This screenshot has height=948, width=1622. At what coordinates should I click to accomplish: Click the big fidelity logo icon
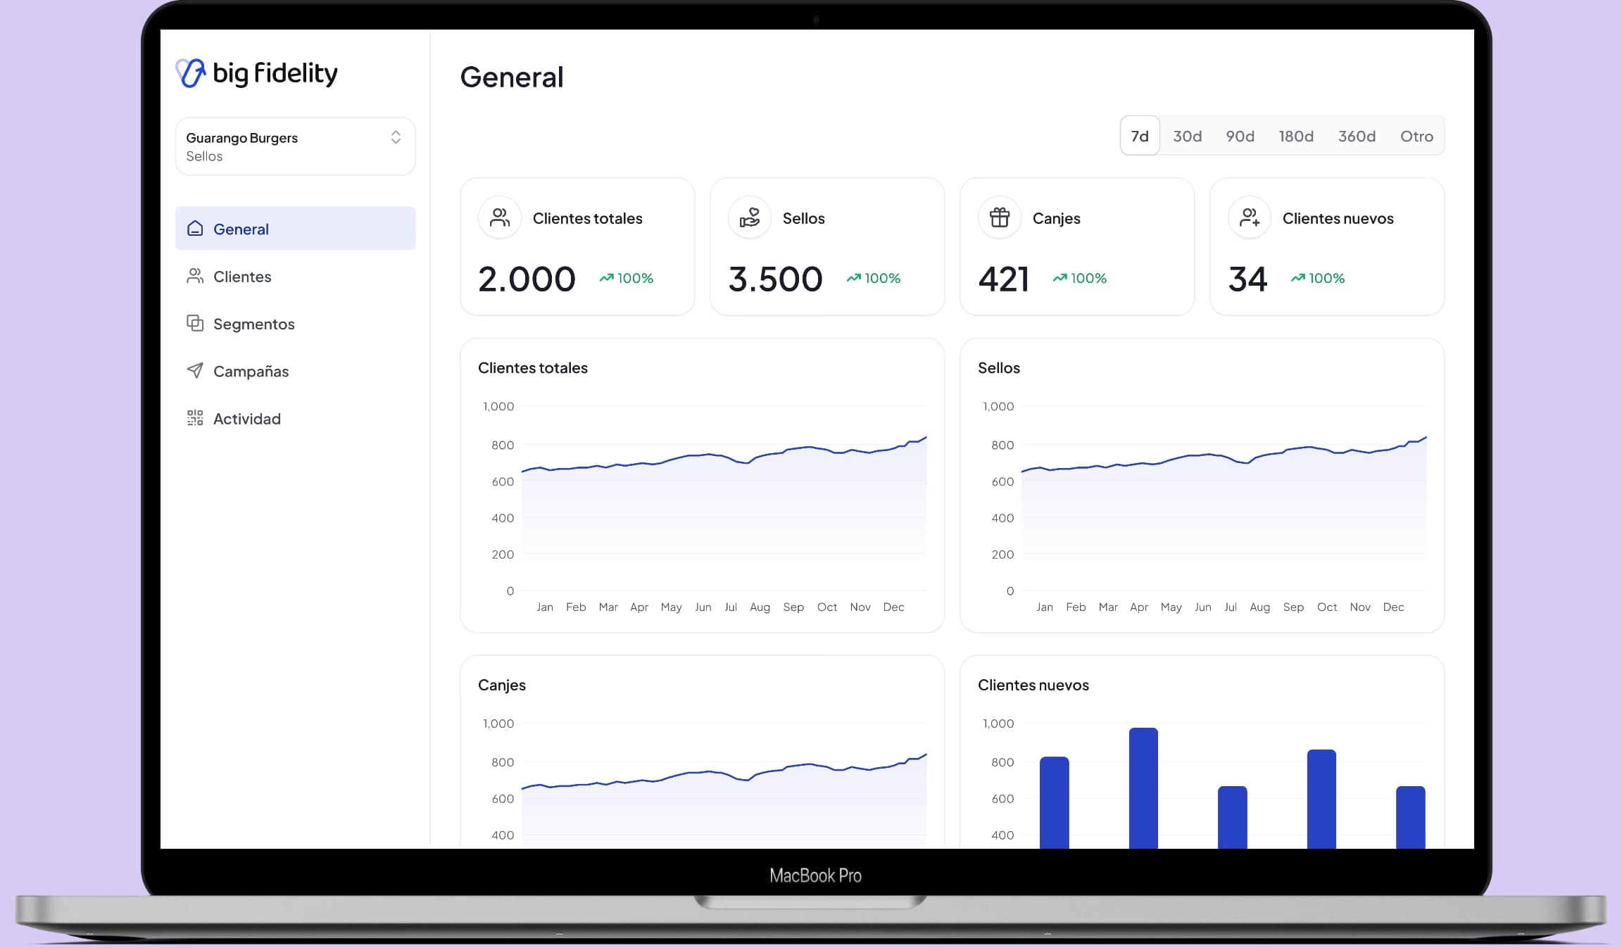click(190, 73)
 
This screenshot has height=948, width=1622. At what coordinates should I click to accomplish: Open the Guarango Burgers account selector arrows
click(396, 137)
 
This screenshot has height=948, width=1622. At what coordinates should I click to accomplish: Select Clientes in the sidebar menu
click(242, 277)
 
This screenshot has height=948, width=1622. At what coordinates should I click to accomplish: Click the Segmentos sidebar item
click(253, 324)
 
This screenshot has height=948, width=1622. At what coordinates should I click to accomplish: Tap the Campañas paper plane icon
click(195, 370)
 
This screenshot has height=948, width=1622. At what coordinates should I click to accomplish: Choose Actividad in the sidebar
click(246, 419)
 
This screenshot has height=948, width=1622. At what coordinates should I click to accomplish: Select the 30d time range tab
click(1187, 136)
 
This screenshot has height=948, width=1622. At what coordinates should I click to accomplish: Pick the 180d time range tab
click(1296, 136)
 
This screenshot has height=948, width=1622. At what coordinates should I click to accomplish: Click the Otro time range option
click(1416, 136)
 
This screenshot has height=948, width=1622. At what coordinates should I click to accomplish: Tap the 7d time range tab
click(1140, 136)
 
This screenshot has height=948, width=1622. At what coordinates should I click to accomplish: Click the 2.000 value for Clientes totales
click(527, 279)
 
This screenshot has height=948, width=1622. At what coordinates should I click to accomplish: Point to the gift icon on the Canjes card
click(1000, 217)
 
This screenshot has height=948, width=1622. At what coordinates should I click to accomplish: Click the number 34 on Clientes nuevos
click(1247, 279)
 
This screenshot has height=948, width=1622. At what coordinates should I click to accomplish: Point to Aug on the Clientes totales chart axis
click(760, 607)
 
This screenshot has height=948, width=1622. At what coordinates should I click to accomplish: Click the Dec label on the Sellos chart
click(1393, 607)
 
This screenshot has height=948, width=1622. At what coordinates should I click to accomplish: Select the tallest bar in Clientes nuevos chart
click(1143, 788)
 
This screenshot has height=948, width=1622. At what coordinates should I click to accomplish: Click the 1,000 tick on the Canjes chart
click(498, 723)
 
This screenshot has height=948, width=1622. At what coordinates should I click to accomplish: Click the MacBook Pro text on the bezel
click(815, 876)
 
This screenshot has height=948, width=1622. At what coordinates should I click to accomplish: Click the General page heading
click(512, 77)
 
